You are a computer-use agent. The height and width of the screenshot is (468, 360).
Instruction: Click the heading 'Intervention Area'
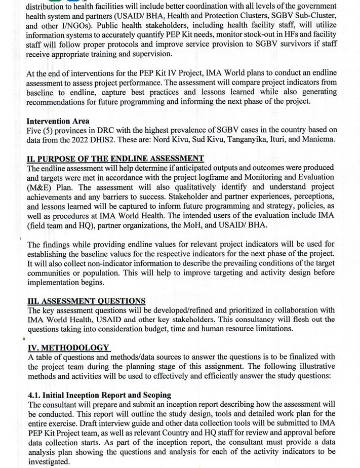point(58,121)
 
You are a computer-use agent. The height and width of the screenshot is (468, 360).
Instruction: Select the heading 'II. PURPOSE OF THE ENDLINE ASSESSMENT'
point(115,159)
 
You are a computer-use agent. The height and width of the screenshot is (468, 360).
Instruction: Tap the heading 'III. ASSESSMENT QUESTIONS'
point(86,301)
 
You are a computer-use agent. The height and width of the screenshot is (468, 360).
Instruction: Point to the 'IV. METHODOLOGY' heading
point(68,347)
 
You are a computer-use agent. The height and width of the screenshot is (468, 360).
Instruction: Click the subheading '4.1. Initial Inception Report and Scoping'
point(100,395)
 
